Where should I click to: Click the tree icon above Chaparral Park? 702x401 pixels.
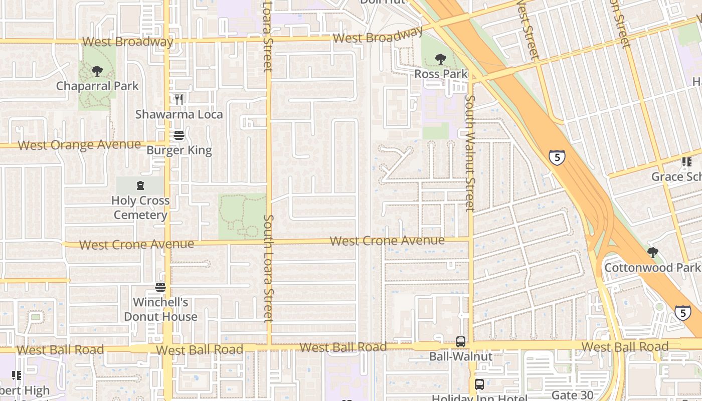click(x=97, y=71)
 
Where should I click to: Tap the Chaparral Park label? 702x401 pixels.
click(x=97, y=86)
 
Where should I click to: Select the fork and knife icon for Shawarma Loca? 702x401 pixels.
click(x=179, y=100)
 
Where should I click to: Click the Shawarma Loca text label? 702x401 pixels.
click(x=179, y=114)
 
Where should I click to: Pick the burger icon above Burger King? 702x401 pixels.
click(x=179, y=135)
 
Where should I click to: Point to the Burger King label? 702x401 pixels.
click(x=179, y=150)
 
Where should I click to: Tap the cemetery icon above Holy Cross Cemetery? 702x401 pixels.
click(x=140, y=185)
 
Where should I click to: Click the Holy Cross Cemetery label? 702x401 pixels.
click(x=140, y=208)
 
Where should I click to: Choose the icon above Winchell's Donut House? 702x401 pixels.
click(x=160, y=287)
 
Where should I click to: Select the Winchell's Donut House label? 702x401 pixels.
click(x=160, y=309)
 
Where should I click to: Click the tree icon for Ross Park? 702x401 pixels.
click(x=441, y=59)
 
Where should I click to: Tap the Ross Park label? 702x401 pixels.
click(x=441, y=74)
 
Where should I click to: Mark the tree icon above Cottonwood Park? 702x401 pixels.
click(x=652, y=252)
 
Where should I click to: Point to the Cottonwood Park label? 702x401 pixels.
click(x=652, y=267)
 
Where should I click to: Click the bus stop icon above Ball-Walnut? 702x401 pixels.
click(x=461, y=342)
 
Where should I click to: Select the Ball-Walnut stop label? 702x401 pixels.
click(x=461, y=357)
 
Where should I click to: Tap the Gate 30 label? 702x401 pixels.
click(x=572, y=395)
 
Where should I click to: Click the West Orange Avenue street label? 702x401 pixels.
click(x=79, y=145)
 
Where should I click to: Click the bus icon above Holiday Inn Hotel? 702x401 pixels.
click(x=479, y=384)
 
